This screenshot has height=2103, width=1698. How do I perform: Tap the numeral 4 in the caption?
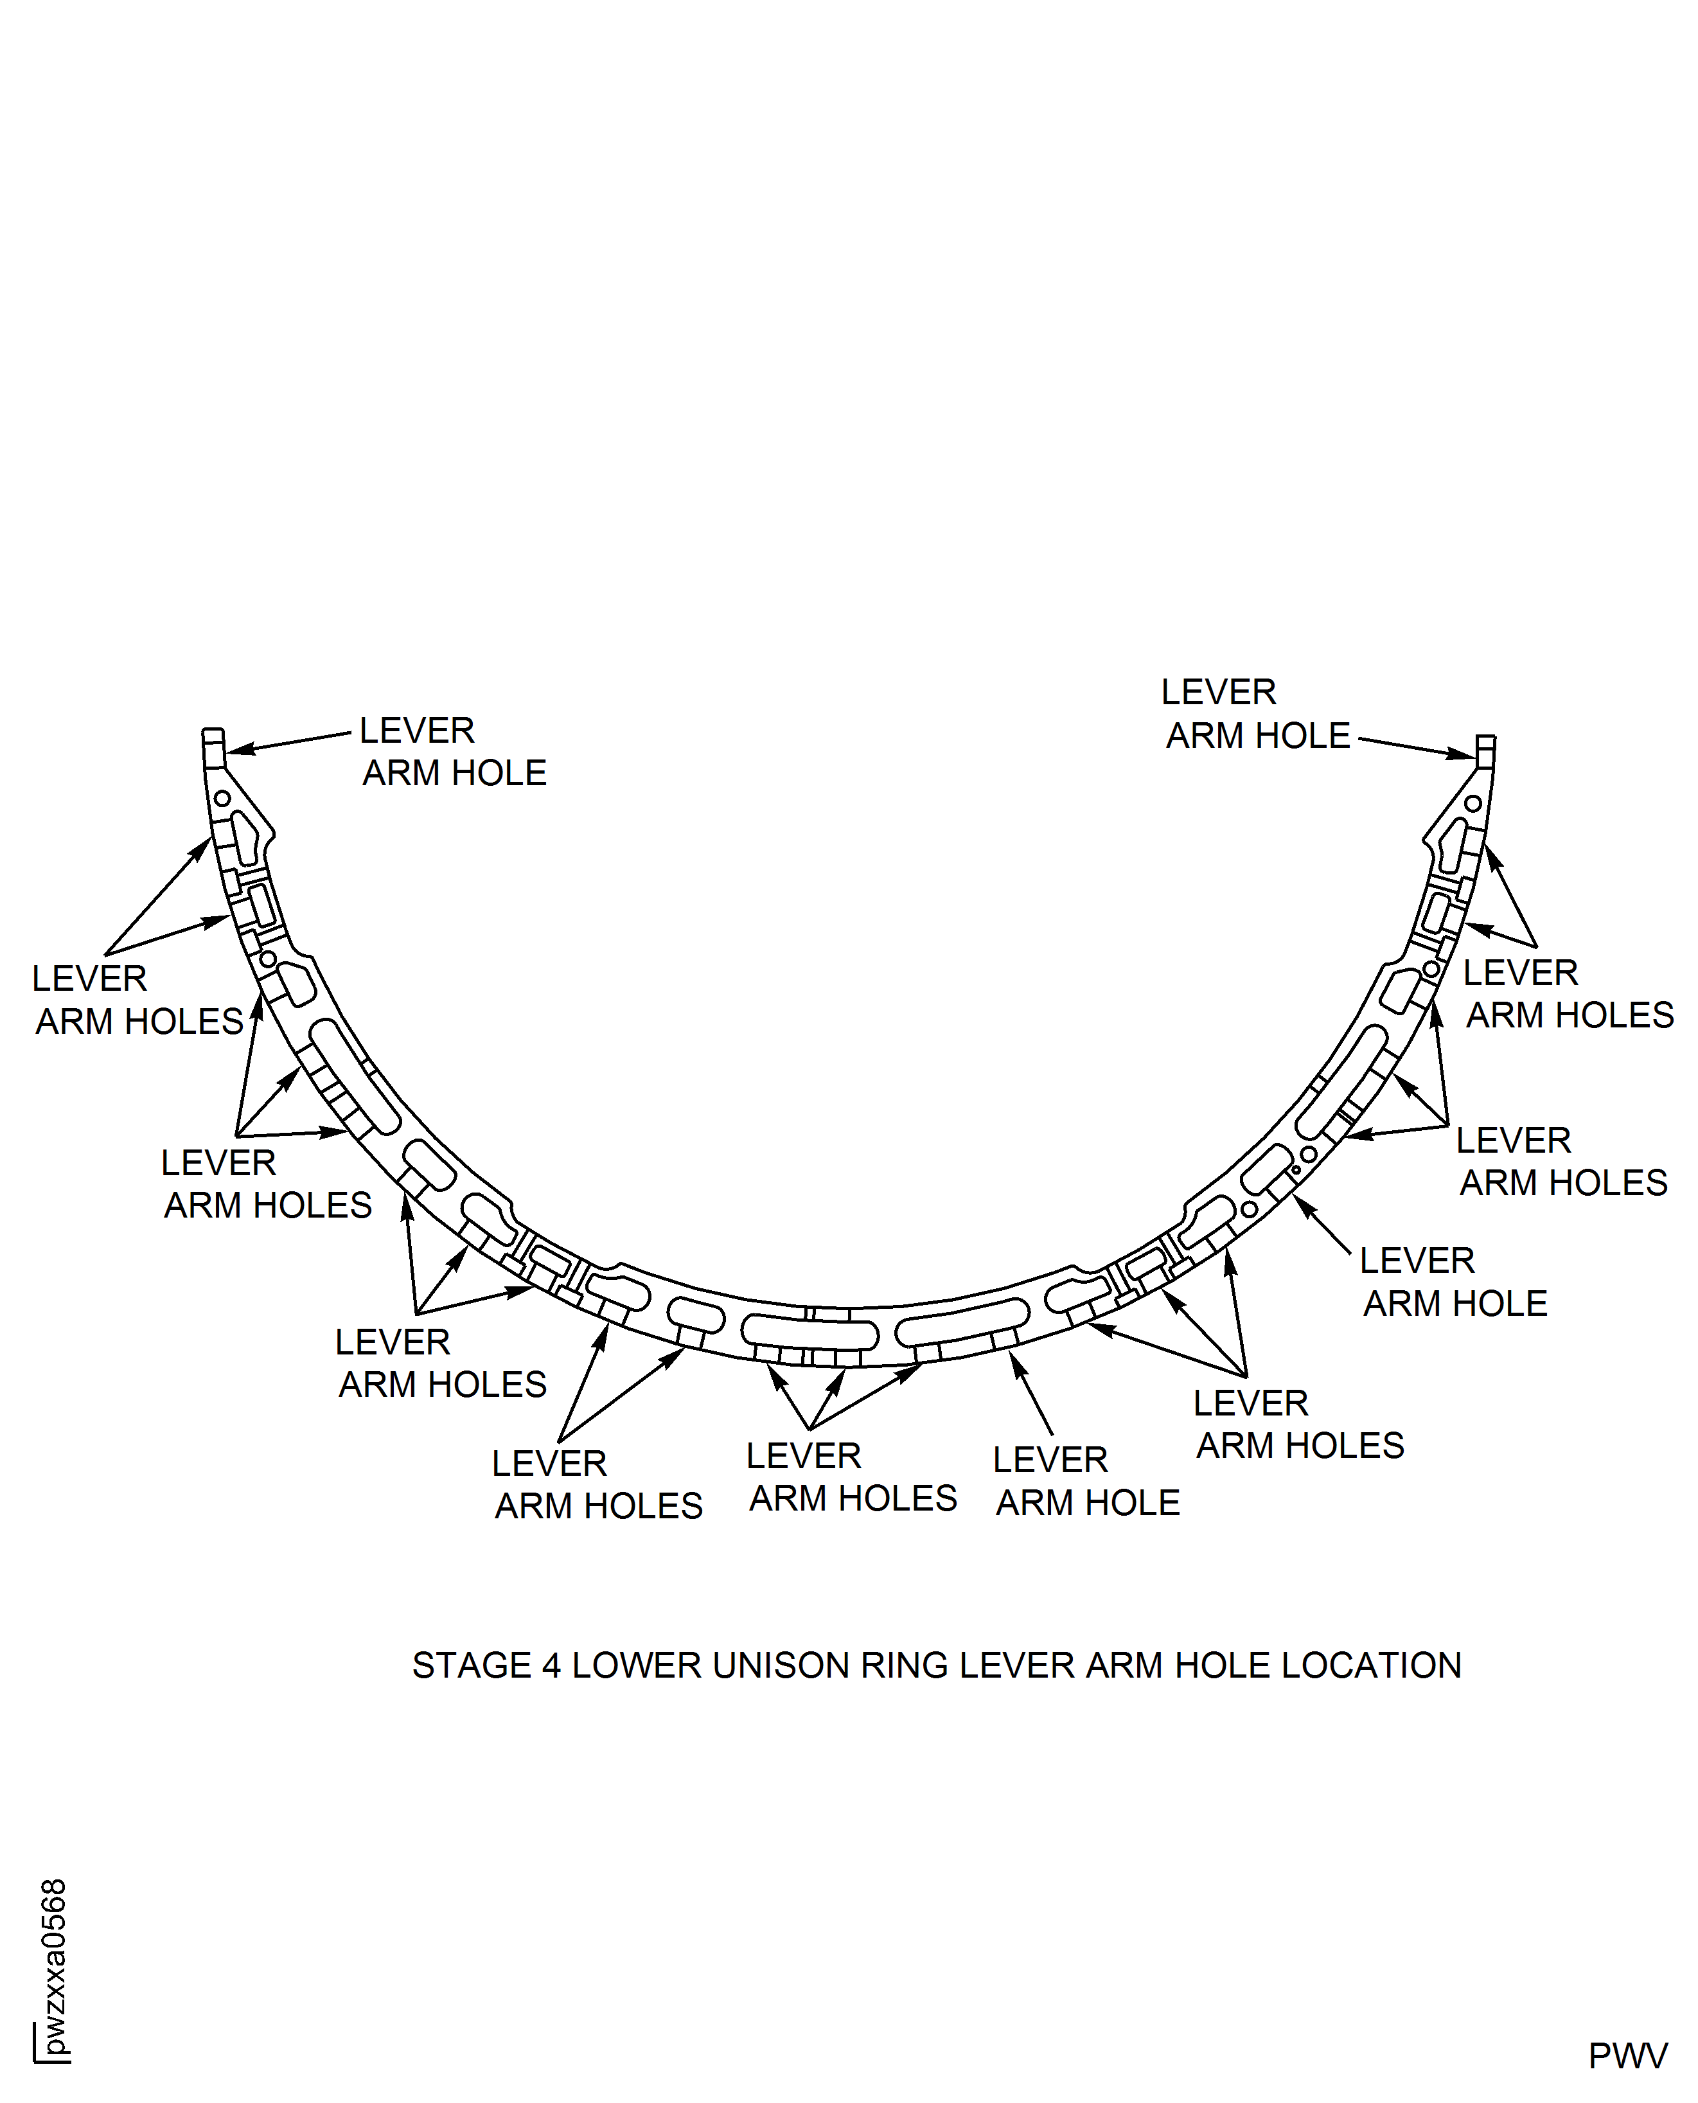(x=552, y=1666)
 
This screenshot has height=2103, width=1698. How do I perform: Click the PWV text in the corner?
(x=1627, y=2056)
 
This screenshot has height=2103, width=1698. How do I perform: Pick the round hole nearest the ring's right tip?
(x=1473, y=804)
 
